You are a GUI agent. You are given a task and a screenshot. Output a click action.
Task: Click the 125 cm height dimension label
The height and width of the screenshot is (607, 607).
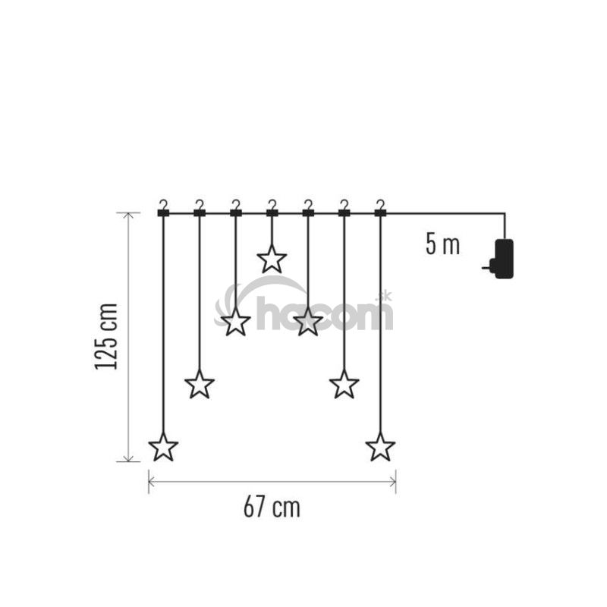[x=106, y=337]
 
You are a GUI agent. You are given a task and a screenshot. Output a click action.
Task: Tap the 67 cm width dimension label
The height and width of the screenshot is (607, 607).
[x=272, y=507]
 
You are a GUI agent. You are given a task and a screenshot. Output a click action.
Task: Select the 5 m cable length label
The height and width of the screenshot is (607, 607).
[x=442, y=244]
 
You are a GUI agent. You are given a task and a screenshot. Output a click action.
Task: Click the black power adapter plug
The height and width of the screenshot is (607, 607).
[x=502, y=259]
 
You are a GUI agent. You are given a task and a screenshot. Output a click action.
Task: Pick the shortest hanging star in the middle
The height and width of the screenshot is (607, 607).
[x=272, y=259]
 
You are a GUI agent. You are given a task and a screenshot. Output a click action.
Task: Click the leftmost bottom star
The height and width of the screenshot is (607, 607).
[x=163, y=447]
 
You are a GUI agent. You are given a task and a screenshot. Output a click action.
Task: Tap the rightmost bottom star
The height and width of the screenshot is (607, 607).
[x=381, y=447]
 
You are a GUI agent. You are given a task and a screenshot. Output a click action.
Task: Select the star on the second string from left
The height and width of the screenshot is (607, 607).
[x=200, y=385]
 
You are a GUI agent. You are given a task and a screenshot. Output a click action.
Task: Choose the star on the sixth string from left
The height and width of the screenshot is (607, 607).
[x=344, y=385]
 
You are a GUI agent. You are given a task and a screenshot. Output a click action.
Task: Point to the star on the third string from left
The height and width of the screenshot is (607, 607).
[x=236, y=322]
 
